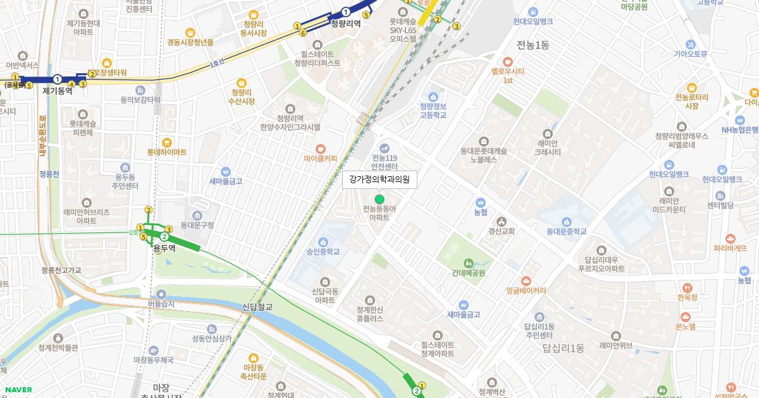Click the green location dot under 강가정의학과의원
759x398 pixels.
click(379, 199)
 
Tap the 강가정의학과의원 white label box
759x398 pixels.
click(379, 179)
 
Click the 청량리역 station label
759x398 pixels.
click(345, 24)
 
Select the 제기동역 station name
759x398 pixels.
click(58, 91)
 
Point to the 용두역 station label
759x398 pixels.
click(164, 248)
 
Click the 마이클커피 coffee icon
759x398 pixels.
click(321, 147)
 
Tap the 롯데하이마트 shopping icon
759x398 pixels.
click(167, 142)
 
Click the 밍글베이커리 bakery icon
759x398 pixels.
click(526, 280)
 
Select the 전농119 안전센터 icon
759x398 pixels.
click(384, 148)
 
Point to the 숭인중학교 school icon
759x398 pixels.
click(323, 242)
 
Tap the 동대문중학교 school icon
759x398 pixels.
click(567, 221)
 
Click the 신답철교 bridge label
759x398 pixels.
click(257, 307)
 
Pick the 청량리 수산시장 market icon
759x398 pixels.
click(241, 83)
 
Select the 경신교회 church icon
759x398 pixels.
click(502, 221)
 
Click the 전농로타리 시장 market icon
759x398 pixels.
click(691, 87)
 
